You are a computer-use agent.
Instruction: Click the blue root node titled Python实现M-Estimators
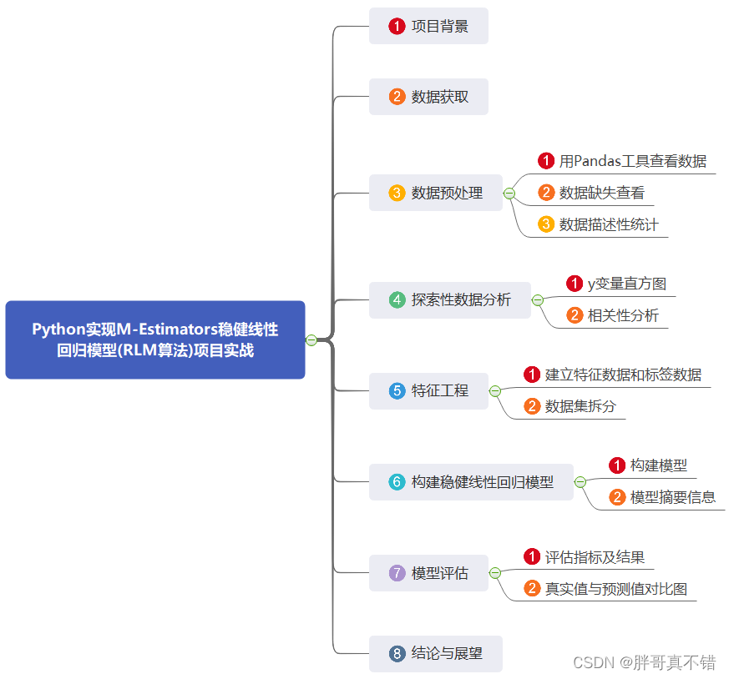click(x=155, y=339)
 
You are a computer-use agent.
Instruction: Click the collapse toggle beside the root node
click(x=311, y=339)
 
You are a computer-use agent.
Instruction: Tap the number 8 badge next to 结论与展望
click(x=397, y=653)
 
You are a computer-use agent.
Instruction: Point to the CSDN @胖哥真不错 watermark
click(x=644, y=662)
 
